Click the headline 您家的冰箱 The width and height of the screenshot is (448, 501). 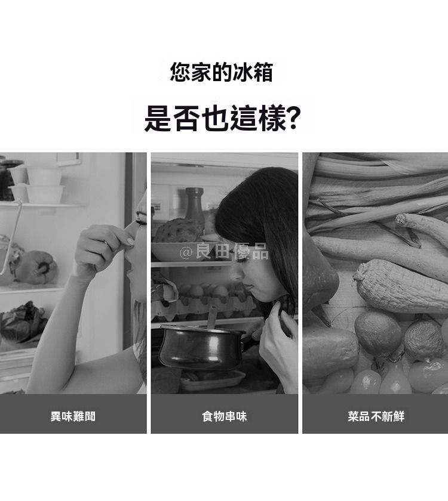coord(221,72)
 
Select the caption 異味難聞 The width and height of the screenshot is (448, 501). coord(73,416)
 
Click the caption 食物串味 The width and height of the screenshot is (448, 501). coord(225,416)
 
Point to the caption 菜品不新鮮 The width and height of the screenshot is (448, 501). coord(376,416)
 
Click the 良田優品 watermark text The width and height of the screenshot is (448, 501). coord(232,251)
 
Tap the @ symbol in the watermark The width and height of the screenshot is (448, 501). coord(186,252)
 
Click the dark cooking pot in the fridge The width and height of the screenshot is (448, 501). coord(202,346)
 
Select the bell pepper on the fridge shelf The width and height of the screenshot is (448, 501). coord(36,267)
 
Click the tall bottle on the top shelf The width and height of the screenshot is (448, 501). coord(195,205)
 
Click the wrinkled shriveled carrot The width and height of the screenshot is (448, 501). coord(400,286)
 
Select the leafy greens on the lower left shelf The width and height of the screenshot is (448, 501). coord(23,321)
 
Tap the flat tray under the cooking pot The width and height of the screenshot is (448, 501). coord(213,381)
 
